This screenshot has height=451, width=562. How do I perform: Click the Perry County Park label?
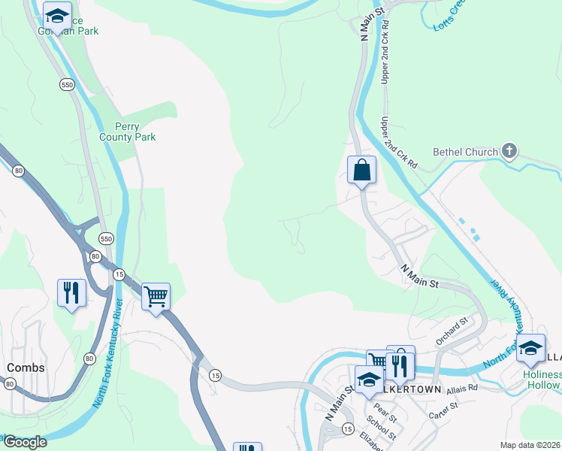coord(128,132)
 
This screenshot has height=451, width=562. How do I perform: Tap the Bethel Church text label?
coord(465,152)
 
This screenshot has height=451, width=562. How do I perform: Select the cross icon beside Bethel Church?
coord(509,151)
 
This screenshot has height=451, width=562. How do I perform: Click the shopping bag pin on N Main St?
coord(361,170)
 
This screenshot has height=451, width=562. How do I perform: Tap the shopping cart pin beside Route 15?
coord(156,296)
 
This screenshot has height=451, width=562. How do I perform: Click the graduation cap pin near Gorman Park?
coord(56,16)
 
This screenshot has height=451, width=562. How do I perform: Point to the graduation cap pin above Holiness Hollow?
coord(530,348)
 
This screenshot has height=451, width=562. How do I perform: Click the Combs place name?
coord(26,368)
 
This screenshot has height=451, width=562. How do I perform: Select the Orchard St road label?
coord(452,331)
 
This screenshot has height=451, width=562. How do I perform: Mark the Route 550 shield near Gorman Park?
coord(68,85)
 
